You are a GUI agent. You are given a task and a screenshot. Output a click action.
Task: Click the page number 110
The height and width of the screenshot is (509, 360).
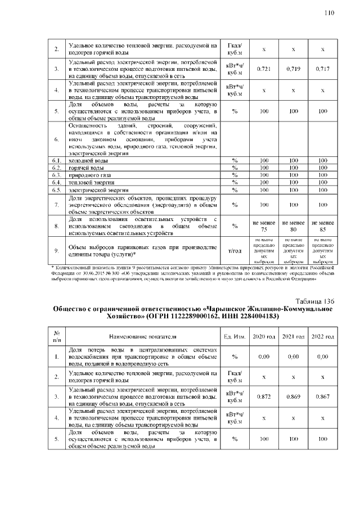pyautogui.click(x=329, y=13)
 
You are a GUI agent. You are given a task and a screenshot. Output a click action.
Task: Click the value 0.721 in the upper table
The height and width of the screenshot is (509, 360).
pyautogui.click(x=264, y=69)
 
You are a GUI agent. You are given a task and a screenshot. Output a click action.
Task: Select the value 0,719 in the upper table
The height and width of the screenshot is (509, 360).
pyautogui.click(x=293, y=69)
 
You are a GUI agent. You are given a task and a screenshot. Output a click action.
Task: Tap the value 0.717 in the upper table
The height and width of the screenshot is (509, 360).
pyautogui.click(x=322, y=69)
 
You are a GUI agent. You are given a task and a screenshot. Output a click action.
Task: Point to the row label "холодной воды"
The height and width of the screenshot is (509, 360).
pyautogui.click(x=85, y=161)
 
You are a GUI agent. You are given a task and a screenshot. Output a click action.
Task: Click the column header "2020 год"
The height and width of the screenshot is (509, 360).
pyautogui.click(x=264, y=336)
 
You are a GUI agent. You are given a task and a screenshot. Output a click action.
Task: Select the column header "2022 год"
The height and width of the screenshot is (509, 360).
pyautogui.click(x=322, y=336)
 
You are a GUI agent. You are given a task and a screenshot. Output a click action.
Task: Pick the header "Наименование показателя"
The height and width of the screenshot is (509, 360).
pyautogui.click(x=143, y=336)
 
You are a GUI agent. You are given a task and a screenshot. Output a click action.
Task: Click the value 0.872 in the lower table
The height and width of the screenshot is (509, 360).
pyautogui.click(x=264, y=396)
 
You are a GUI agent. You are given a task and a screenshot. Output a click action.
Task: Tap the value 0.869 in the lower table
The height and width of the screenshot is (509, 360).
pyautogui.click(x=293, y=396)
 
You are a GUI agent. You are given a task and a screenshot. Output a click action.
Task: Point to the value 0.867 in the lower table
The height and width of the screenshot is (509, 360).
pyautogui.click(x=322, y=396)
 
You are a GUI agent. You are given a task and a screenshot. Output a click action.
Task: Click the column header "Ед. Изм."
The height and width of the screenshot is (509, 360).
pyautogui.click(x=233, y=336)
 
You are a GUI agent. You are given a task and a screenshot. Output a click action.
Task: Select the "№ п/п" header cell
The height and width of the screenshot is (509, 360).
pyautogui.click(x=56, y=336)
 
